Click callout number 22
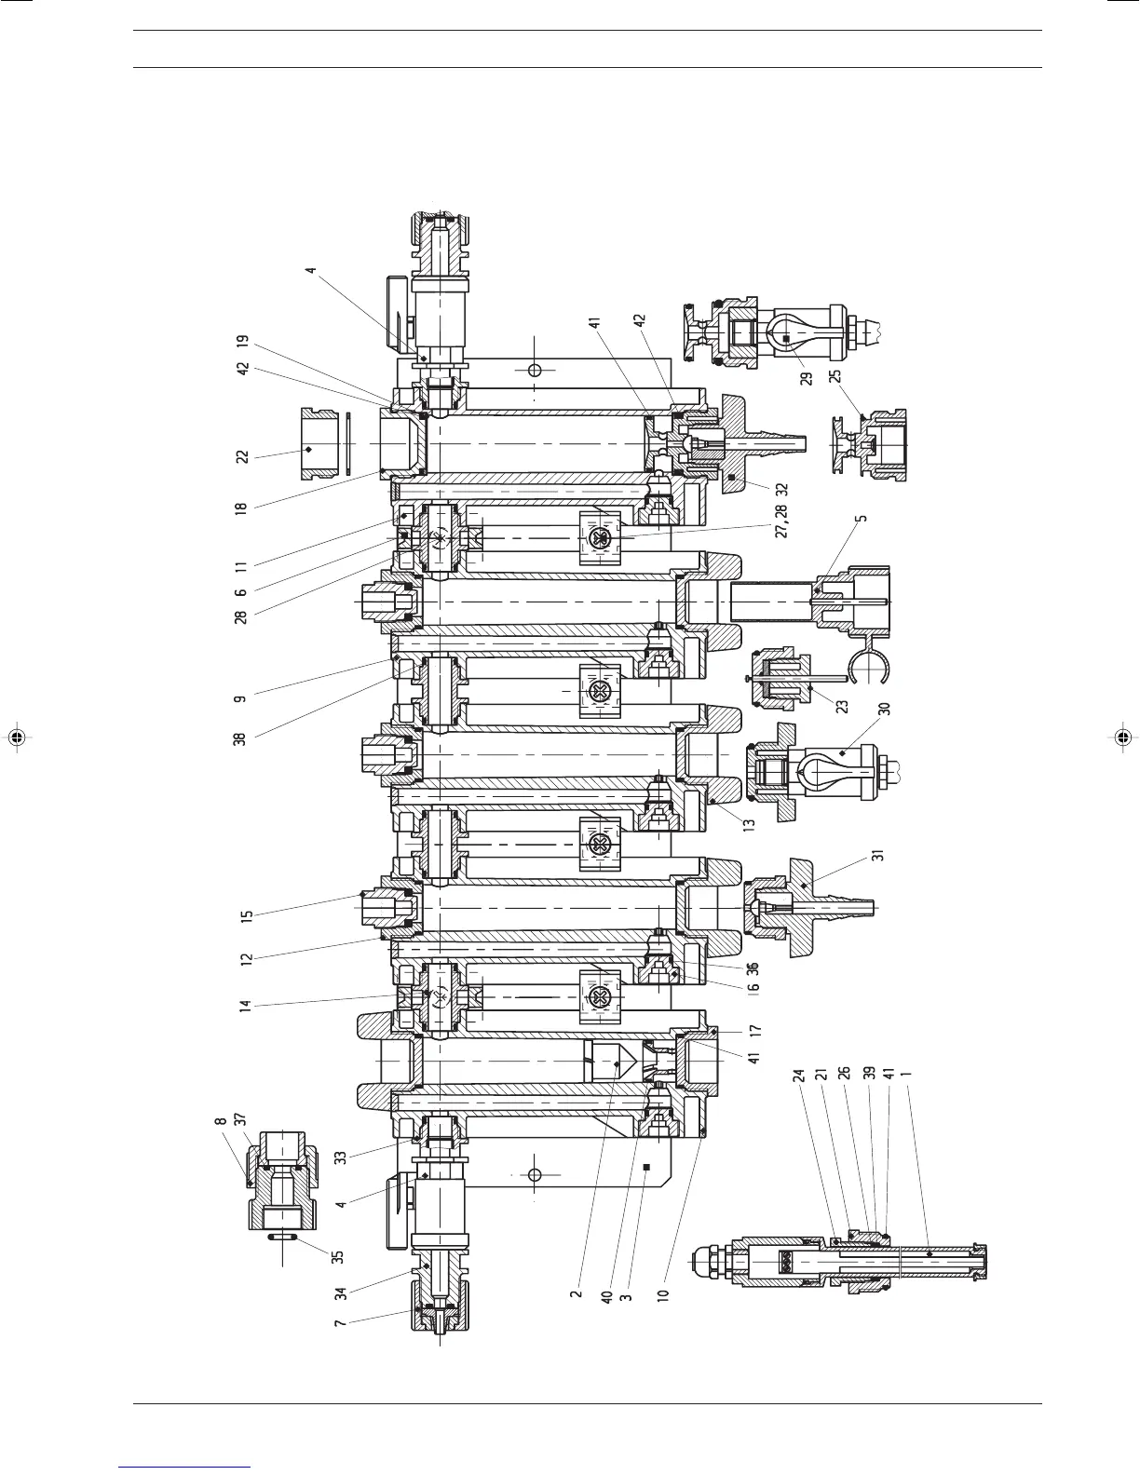click(241, 456)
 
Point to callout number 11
click(241, 565)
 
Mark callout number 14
click(247, 1007)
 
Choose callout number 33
click(341, 1157)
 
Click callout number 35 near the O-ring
click(339, 1255)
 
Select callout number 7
click(341, 1323)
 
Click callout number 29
click(807, 378)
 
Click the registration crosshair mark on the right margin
click(1124, 737)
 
